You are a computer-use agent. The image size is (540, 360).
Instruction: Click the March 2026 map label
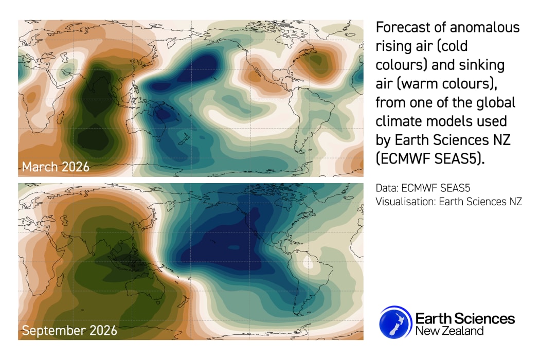tap(56, 167)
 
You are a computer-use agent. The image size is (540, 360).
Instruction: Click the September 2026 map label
tap(69, 330)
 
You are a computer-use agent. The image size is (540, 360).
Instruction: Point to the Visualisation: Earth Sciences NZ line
tap(449, 202)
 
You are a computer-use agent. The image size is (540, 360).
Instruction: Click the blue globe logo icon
tap(395, 322)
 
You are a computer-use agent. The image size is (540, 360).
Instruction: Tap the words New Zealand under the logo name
tap(449, 331)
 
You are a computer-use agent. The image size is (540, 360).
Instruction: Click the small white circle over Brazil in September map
tap(310, 264)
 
